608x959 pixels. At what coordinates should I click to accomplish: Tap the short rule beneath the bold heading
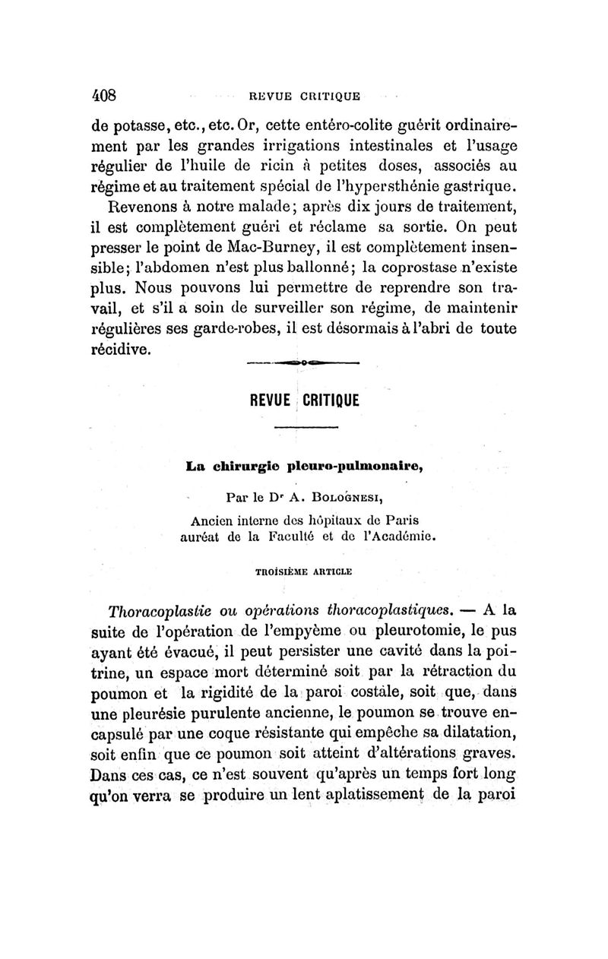303,432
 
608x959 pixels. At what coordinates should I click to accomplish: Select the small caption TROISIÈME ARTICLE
303,568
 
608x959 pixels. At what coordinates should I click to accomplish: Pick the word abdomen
170,267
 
